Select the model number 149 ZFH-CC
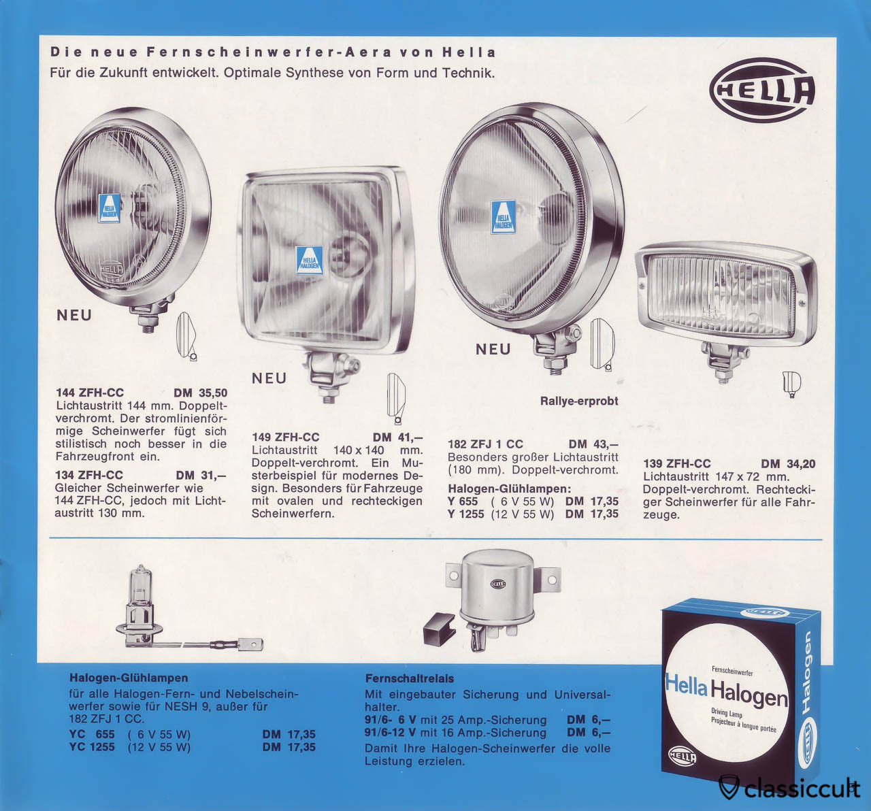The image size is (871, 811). (285, 437)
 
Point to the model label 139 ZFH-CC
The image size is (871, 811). (677, 464)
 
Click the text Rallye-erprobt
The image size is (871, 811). (579, 401)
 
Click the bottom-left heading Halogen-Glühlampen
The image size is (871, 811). (129, 678)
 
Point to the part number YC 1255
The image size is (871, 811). (92, 747)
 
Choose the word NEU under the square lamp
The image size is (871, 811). (269, 378)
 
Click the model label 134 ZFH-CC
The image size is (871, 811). (89, 475)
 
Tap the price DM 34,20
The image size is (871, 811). (788, 464)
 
